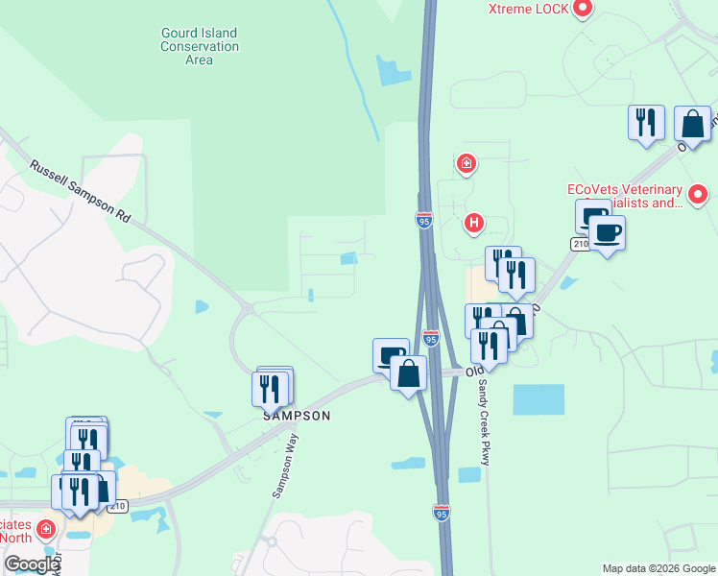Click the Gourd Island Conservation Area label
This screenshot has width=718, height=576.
tap(199, 46)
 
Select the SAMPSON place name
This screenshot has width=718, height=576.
tap(298, 416)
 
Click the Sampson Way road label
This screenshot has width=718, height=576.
tap(285, 466)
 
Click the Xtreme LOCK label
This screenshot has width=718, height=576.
tap(529, 9)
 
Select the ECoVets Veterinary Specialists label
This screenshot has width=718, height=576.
tap(625, 196)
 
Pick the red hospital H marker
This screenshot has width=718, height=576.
tap(472, 224)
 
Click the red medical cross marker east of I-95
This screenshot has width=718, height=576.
tap(467, 164)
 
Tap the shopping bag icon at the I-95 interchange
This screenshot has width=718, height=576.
tap(409, 372)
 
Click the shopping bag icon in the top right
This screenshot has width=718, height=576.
tap(692, 124)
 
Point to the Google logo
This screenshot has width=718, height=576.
tap(31, 565)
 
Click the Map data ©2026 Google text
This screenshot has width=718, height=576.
tap(658, 568)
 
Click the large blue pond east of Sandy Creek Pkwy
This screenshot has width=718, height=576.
tap(538, 399)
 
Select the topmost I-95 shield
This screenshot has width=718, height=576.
tap(424, 221)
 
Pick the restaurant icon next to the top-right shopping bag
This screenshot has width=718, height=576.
tap(646, 123)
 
